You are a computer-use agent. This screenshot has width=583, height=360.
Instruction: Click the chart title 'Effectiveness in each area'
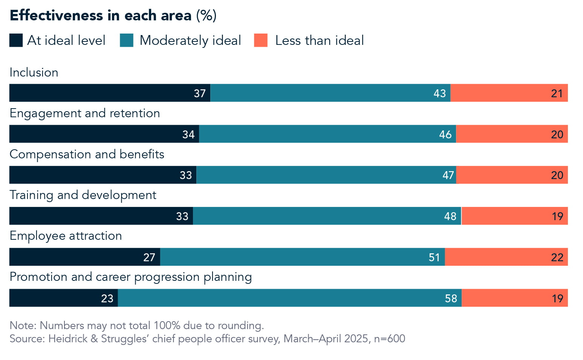(x=101, y=15)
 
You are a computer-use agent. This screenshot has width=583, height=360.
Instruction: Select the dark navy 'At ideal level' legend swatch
(x=16, y=40)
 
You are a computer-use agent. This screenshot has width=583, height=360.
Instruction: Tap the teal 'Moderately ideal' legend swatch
(x=127, y=40)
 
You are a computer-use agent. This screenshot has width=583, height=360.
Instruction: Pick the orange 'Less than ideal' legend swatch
(x=261, y=40)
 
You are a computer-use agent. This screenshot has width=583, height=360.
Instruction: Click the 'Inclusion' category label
(x=34, y=72)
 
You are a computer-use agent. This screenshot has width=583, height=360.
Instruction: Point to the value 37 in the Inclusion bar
(x=200, y=93)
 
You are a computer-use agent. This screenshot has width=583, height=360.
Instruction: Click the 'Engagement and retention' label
(x=85, y=113)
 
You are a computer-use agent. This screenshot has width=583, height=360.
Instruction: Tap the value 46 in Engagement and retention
(x=445, y=135)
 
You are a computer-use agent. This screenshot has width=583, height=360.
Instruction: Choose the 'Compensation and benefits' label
(x=87, y=154)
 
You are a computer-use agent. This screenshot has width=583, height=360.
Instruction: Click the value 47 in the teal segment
(x=448, y=175)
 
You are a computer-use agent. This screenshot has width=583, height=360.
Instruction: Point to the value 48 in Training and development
(x=450, y=216)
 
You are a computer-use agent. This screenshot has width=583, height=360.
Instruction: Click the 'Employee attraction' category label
(x=66, y=236)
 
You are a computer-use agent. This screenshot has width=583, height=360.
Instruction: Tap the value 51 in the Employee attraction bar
(x=434, y=257)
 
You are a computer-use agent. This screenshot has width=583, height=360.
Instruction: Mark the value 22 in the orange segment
(x=557, y=257)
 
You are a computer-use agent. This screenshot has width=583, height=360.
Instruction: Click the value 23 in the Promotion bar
(x=107, y=299)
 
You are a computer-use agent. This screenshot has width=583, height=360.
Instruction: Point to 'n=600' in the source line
(x=390, y=339)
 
